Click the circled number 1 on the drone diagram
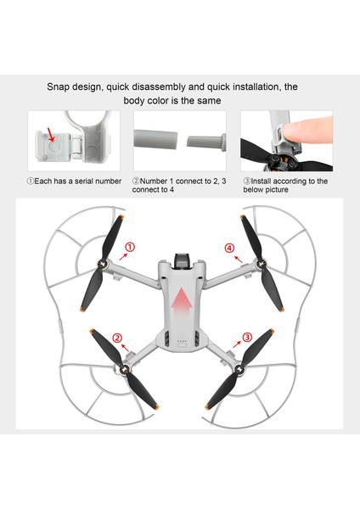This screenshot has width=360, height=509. tap(130, 248)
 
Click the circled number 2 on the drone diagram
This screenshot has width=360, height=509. tap(117, 338)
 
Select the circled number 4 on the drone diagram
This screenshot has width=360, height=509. tap(229, 248)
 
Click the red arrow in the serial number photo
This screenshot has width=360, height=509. tap(53, 133)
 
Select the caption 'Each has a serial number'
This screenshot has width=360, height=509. tap(74, 181)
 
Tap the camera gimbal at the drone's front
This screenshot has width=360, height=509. tap(179, 259)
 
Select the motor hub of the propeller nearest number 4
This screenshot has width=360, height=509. tap(252, 265)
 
